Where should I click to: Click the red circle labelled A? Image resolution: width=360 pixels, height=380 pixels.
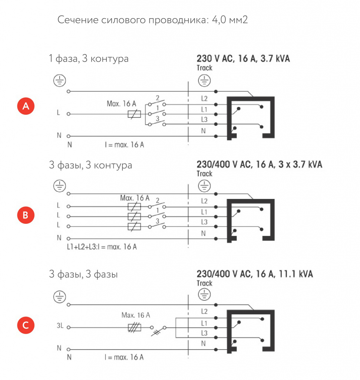point(26,106)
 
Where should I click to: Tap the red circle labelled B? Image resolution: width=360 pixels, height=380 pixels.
point(26,215)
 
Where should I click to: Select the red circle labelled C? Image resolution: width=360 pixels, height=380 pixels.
point(26,325)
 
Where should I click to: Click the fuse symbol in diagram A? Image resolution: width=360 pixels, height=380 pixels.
point(134,114)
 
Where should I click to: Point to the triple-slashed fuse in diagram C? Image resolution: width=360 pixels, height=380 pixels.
point(134,328)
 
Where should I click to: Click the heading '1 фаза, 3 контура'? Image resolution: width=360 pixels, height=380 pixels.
point(89,59)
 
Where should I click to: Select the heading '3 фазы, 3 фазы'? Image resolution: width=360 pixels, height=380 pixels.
point(83,274)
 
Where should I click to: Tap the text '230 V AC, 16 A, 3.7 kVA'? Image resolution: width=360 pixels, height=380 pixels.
point(243,59)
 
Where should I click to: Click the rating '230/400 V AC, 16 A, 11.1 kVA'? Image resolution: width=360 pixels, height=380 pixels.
point(255,274)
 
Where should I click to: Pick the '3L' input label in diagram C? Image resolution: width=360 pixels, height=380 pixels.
point(60,325)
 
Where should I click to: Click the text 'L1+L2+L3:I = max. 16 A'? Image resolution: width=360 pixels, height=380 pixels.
point(102,247)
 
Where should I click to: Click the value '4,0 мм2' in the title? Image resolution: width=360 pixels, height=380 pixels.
point(230,20)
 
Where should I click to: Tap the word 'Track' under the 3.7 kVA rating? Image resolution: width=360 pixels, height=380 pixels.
point(204,68)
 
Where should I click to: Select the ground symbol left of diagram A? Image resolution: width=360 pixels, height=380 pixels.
point(60,81)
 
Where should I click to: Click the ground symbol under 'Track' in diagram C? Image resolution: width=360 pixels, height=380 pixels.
point(204,294)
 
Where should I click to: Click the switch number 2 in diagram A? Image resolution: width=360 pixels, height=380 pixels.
point(158,98)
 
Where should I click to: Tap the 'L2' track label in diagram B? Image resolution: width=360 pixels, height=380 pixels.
point(204,201)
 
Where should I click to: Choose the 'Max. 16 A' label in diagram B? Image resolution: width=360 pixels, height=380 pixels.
point(135,198)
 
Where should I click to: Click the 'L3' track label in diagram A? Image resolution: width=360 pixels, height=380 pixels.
point(204,119)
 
